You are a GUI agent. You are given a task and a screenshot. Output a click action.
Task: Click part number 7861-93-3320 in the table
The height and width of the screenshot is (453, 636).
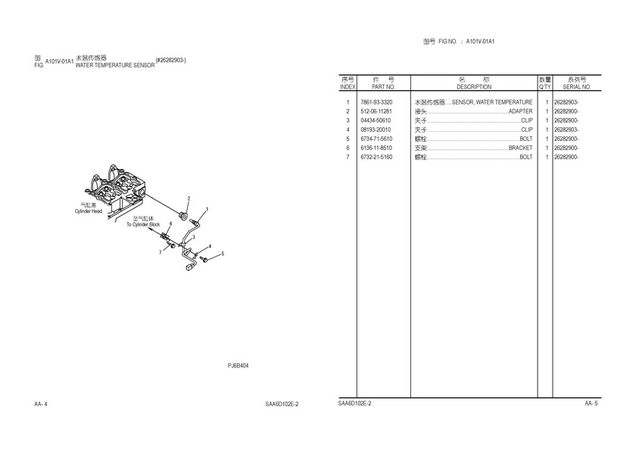point(376,102)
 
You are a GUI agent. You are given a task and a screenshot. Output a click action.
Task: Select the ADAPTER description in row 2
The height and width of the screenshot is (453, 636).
point(520,111)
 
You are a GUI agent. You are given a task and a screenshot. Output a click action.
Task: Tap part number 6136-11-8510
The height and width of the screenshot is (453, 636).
point(376,148)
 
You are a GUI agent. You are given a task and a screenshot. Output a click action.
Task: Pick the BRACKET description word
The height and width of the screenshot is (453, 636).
point(520,148)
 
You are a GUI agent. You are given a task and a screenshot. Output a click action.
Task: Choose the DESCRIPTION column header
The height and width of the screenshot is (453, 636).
point(474,87)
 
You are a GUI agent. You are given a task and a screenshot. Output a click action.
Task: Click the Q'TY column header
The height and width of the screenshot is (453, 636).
point(544,87)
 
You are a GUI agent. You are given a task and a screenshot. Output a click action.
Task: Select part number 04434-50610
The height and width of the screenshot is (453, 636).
point(376,120)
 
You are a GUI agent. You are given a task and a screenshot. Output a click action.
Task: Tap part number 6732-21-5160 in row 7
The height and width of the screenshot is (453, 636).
point(376,157)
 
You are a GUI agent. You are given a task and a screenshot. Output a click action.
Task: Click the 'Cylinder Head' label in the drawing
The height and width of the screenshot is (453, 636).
point(88,211)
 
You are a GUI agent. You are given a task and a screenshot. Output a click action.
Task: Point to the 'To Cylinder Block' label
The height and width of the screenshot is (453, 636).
point(143,225)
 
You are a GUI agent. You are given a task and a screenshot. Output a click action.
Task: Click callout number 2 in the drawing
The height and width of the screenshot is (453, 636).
point(189,198)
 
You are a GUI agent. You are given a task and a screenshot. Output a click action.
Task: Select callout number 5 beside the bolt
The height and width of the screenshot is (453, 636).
point(223,253)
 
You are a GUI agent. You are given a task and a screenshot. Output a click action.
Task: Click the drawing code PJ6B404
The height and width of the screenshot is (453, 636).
point(238,366)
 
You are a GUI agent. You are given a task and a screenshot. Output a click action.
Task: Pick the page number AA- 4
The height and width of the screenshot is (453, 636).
point(41,405)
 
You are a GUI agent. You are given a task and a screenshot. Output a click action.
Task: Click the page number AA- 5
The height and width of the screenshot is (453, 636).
point(591,404)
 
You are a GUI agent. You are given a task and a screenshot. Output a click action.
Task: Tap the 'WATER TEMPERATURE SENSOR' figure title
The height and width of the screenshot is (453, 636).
point(115,66)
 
